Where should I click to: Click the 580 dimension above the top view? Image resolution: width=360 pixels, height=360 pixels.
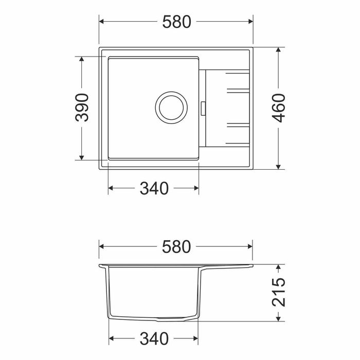(x=176, y=22)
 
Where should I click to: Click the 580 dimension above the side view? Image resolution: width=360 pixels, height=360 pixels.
(x=176, y=247)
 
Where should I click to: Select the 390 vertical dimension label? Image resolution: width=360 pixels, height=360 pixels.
(x=82, y=107)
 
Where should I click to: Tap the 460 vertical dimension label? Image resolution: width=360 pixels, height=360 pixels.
(x=279, y=108)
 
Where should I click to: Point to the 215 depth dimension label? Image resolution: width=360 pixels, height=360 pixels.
(x=279, y=292)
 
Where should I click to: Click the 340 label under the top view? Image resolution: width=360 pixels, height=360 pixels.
(x=154, y=188)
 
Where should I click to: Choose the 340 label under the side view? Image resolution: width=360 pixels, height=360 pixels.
(x=154, y=338)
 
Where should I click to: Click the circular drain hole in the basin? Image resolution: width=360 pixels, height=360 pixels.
(x=171, y=107)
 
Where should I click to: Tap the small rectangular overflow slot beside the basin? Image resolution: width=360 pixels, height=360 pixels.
(x=203, y=108)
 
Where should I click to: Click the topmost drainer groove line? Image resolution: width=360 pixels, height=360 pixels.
(x=238, y=74)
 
